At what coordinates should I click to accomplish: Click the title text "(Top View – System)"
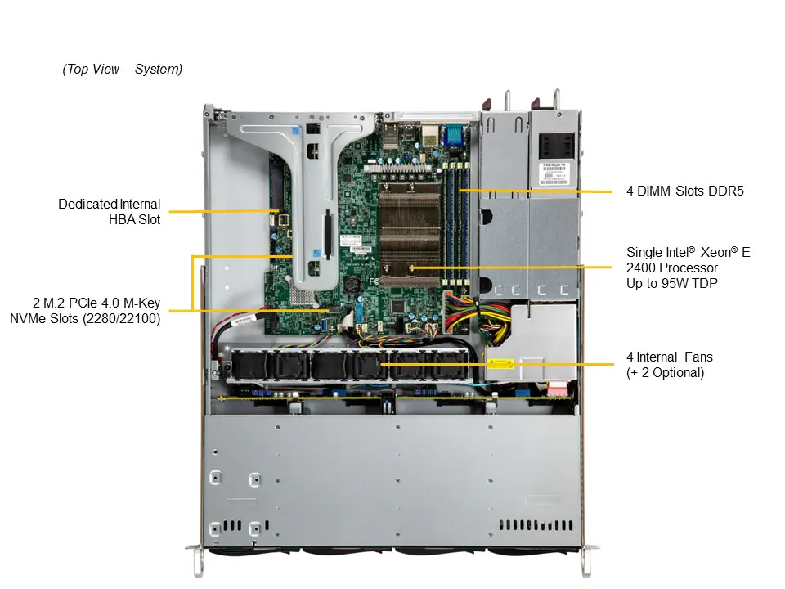click(123, 70)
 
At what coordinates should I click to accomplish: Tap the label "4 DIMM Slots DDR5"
click(685, 191)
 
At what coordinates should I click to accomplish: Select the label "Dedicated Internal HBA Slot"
click(109, 211)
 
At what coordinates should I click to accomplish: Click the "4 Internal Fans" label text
click(670, 357)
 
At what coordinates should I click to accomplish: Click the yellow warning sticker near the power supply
click(499, 364)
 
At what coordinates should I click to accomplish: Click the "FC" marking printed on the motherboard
click(375, 281)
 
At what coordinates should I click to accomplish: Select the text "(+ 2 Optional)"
click(665, 373)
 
